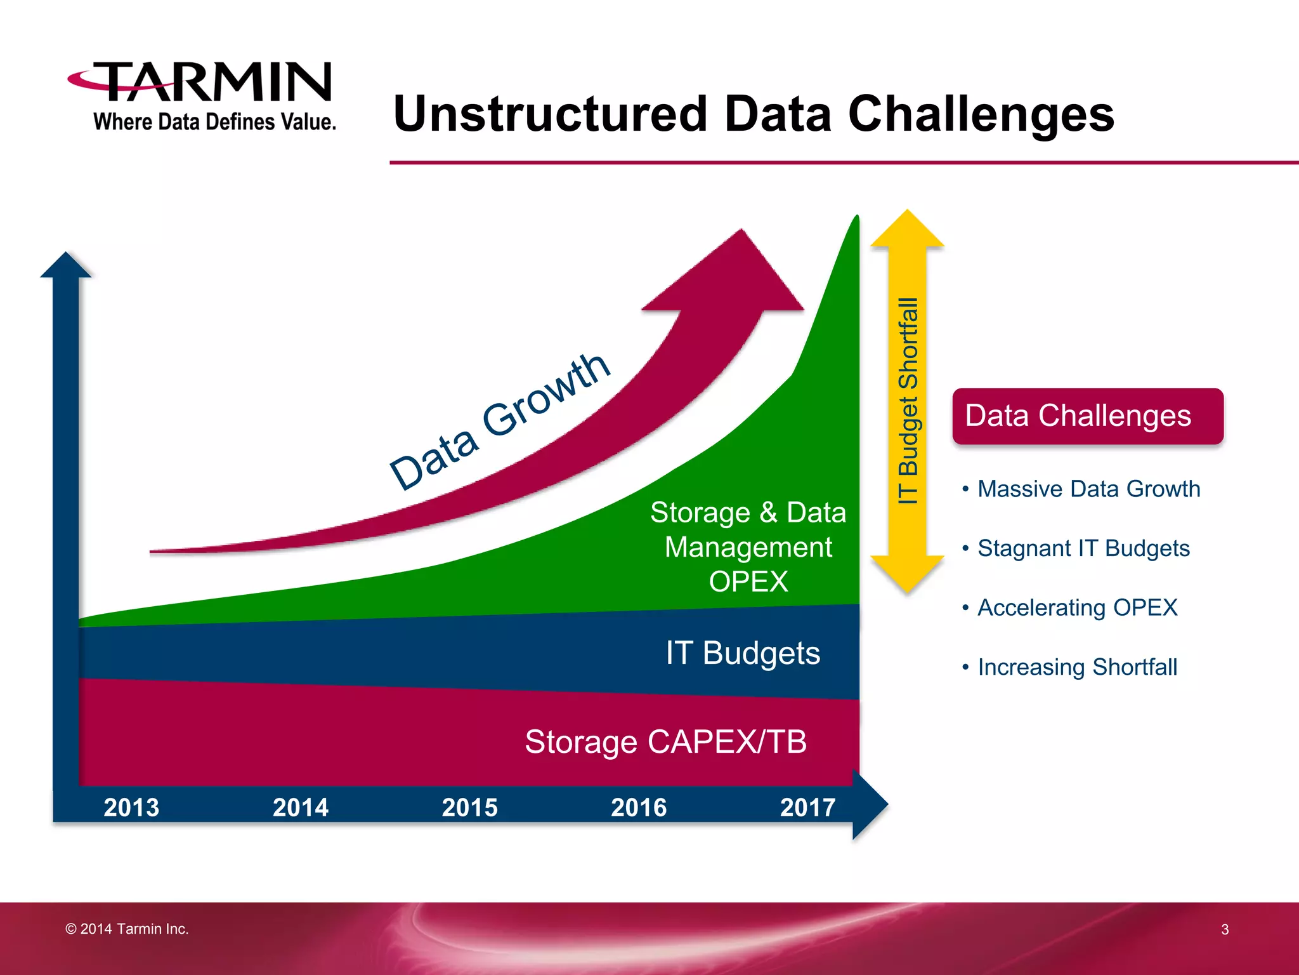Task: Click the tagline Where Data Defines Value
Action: tap(214, 122)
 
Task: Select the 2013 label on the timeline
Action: tap(131, 807)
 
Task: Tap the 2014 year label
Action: tap(301, 807)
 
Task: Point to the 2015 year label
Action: tap(469, 807)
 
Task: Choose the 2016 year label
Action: tap(639, 807)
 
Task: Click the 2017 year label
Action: tap(807, 807)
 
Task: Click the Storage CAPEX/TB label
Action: tap(665, 741)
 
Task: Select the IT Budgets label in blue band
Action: tap(742, 653)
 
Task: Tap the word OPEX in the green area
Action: tap(748, 581)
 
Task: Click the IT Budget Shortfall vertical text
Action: tap(908, 401)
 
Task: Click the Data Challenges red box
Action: tap(1087, 416)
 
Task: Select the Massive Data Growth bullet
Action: tap(1088, 489)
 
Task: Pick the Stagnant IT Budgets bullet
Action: tap(1083, 548)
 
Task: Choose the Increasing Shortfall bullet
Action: tap(1077, 667)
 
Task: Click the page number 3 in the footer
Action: tap(1225, 929)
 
